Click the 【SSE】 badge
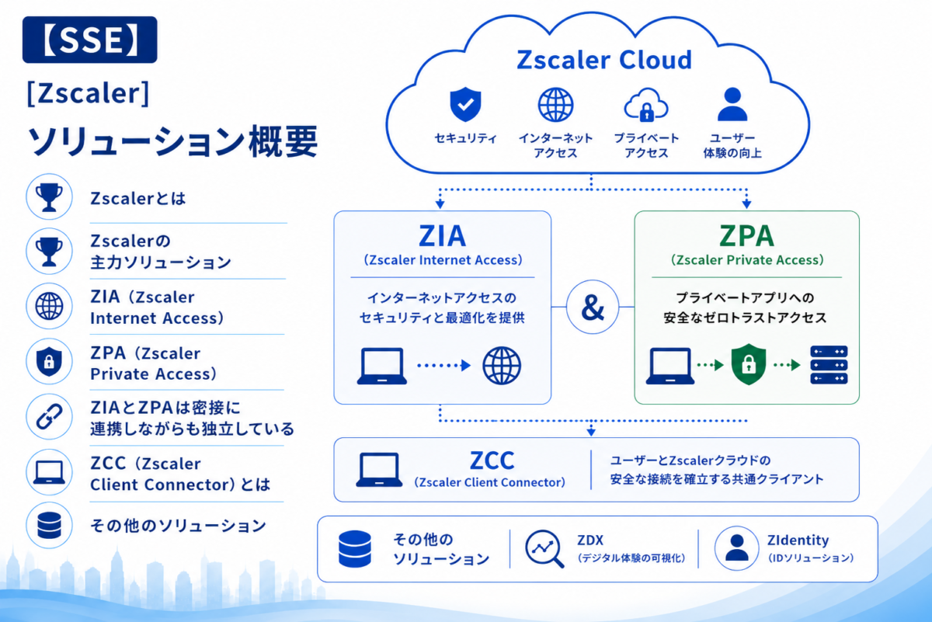90,40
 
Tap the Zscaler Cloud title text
604,60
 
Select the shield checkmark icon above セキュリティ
465,104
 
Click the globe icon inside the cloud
555,105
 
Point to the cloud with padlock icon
646,105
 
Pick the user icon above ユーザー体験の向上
732,104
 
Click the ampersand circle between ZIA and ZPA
593,307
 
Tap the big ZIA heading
442,236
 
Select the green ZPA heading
747,236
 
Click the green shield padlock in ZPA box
749,364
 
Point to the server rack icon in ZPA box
829,365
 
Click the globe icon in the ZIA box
502,365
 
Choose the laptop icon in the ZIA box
382,366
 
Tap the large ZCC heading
492,460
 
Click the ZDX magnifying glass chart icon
544,549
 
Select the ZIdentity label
798,540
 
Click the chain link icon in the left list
49,416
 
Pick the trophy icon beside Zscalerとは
49,196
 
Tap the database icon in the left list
49,525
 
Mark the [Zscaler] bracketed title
88,92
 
